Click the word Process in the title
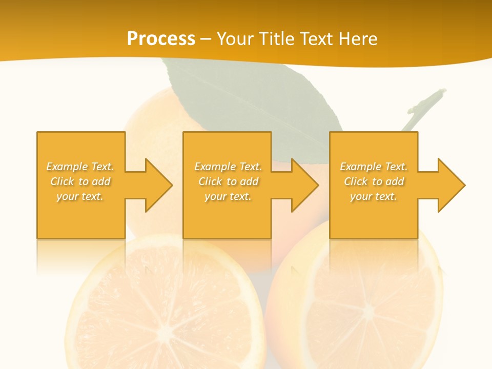point(161,39)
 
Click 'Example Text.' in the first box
point(80,167)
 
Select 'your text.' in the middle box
point(228,196)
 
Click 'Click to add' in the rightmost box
point(374,181)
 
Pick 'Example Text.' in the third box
point(374,167)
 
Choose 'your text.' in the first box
point(80,196)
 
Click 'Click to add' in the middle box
point(228,181)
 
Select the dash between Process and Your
point(206,39)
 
